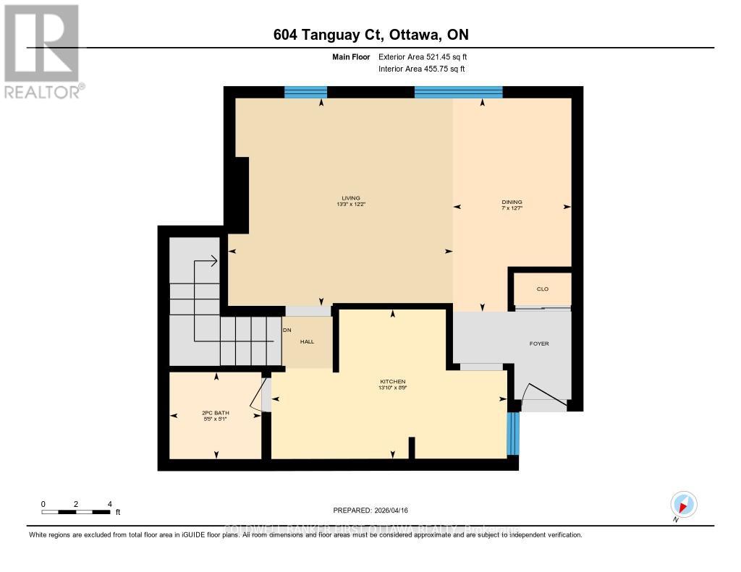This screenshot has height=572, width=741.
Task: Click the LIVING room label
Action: point(351,198)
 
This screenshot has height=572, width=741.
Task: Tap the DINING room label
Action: point(512,202)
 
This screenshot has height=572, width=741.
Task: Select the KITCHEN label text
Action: point(393,382)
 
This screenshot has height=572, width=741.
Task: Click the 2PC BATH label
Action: point(215,414)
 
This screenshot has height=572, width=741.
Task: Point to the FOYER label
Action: point(539,343)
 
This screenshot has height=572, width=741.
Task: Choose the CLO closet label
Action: point(542,289)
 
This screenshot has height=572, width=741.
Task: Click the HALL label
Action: point(307,341)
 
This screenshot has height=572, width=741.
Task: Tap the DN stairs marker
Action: point(287,330)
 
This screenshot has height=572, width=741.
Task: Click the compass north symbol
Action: point(683,504)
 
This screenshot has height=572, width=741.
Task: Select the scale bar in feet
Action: point(76,512)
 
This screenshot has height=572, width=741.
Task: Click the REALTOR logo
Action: point(42,51)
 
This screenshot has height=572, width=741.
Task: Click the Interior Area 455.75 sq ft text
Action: point(421,69)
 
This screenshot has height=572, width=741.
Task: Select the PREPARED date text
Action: point(375,510)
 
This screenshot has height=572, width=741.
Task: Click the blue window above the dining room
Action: point(458,92)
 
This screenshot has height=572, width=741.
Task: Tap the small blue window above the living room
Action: point(305,92)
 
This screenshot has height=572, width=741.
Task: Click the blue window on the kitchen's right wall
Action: point(513,433)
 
